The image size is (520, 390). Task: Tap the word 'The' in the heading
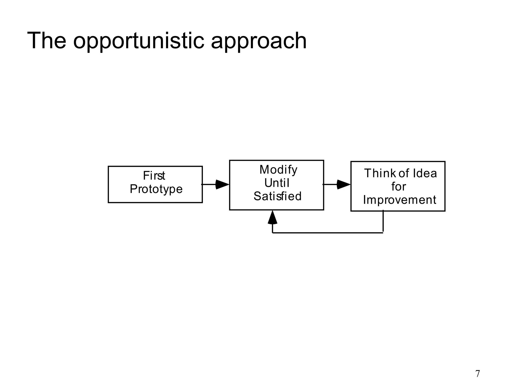pos(46,41)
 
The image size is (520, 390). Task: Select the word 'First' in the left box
pos(154,176)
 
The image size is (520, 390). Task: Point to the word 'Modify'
pos(278,170)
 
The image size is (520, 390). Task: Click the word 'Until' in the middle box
pos(277,183)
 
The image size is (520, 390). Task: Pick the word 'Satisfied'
pos(277,196)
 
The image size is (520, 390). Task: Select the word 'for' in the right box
pos(398,187)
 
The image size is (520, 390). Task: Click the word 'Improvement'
pos(399,200)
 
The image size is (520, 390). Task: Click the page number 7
pos(478,374)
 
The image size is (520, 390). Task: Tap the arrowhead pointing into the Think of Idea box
pos(343,185)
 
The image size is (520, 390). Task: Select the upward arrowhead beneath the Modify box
pos(272,218)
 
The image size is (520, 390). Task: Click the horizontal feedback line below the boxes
pos(328,233)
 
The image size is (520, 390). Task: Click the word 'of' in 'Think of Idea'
pos(403,173)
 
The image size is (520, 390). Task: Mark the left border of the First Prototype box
pos(108,185)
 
